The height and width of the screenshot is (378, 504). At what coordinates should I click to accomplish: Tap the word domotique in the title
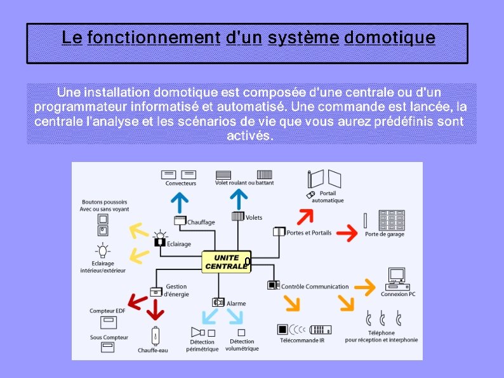(x=389, y=38)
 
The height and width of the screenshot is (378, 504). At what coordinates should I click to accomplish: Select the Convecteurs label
(x=181, y=184)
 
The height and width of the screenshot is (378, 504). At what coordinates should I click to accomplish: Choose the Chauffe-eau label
(x=153, y=350)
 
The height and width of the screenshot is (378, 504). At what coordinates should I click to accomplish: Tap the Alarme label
(x=236, y=304)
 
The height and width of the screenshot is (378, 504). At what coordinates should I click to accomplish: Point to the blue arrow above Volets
(x=239, y=199)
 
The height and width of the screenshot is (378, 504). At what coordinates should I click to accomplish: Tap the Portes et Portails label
(x=309, y=233)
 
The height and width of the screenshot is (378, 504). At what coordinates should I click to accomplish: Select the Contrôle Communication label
(x=315, y=287)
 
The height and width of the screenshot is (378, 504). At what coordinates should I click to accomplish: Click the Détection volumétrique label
(x=242, y=345)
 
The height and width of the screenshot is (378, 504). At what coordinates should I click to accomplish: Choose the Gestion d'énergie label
(x=176, y=290)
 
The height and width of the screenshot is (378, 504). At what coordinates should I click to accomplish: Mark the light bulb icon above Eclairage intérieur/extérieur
(x=102, y=249)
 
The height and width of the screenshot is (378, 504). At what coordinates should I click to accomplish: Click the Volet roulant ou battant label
(x=244, y=183)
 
